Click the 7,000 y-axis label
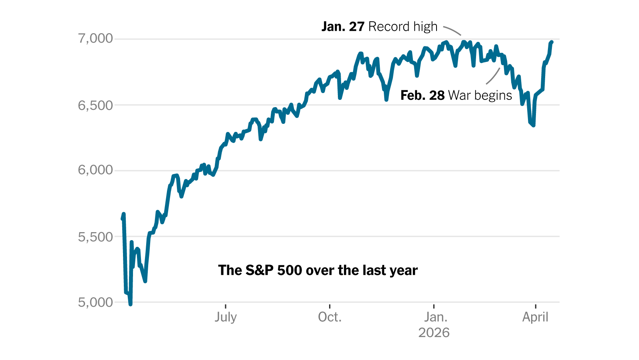click(x=95, y=39)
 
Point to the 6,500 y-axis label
click(x=95, y=105)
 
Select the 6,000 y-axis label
click(x=95, y=170)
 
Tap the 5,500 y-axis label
click(x=95, y=237)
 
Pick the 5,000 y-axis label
click(x=95, y=302)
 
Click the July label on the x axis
click(x=226, y=317)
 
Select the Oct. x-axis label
click(x=329, y=317)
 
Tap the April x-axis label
click(x=535, y=317)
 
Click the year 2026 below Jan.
click(x=434, y=333)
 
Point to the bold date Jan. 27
click(x=343, y=27)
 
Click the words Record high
click(x=403, y=27)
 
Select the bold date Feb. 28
click(x=422, y=95)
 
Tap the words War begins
click(x=480, y=95)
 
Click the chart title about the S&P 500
click(x=318, y=270)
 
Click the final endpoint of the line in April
click(x=552, y=42)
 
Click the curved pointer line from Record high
click(x=452, y=30)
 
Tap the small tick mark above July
click(x=226, y=306)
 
